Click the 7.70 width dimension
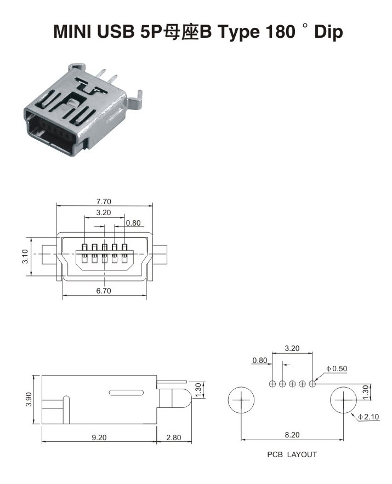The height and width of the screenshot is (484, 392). tap(104, 201)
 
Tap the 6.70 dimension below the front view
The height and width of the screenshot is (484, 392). tap(104, 291)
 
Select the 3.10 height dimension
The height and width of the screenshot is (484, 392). tap(25, 256)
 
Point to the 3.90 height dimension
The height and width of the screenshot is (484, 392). tap(29, 399)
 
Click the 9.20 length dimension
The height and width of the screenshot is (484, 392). tap(99, 437)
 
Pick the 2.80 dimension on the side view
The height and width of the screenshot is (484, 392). tap(174, 437)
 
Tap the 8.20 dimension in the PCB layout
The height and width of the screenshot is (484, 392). tap(292, 435)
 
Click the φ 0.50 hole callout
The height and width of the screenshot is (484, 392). tap(337, 368)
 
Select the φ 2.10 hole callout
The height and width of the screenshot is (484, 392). tap(368, 417)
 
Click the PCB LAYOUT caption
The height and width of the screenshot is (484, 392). tap(292, 454)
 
